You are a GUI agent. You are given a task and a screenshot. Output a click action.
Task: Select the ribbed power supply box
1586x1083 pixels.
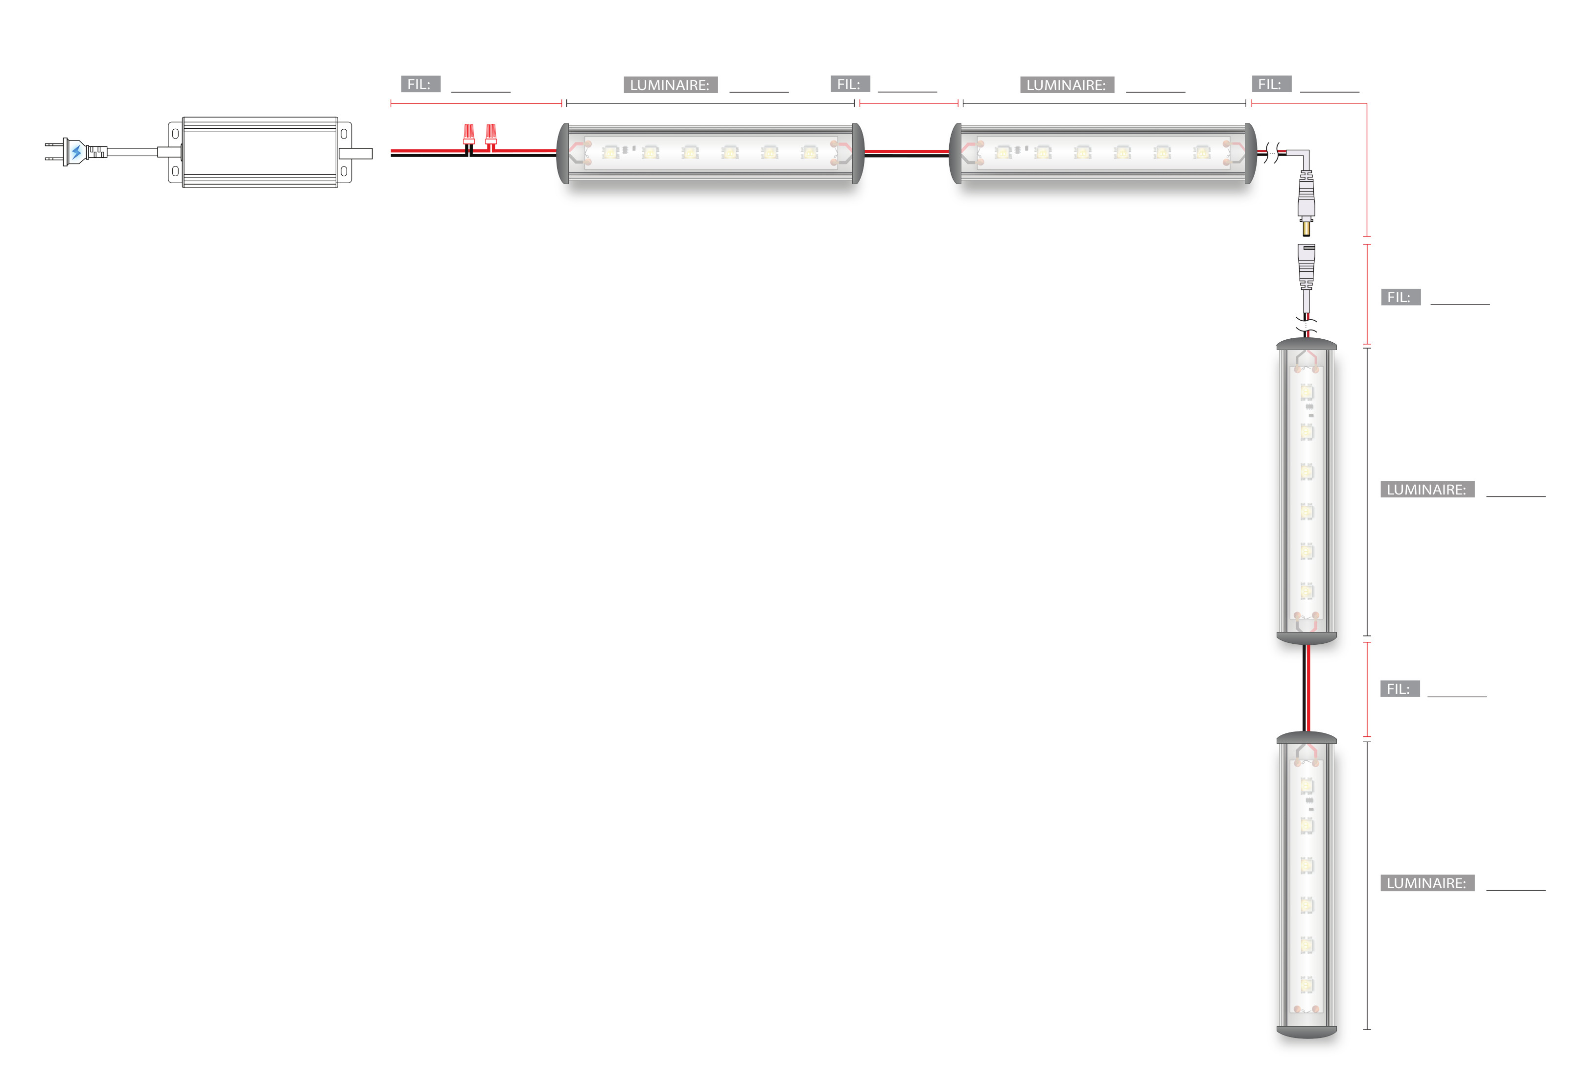[260, 152]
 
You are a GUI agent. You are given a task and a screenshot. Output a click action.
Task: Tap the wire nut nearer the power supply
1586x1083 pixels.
[469, 134]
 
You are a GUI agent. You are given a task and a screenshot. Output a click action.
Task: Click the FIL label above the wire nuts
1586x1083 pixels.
[420, 85]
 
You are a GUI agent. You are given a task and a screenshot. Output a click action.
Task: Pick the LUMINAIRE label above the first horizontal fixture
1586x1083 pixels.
[670, 85]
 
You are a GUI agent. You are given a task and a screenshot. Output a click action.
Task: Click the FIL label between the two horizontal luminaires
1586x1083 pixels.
[849, 85]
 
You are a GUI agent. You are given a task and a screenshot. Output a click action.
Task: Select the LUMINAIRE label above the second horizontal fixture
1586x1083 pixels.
[1066, 85]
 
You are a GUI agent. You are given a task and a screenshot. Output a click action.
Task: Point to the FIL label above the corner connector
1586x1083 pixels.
[1271, 85]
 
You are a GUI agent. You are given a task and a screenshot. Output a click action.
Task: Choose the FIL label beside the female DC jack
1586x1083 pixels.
[1399, 298]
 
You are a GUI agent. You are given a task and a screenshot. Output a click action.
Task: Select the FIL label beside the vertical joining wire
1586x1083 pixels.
[1399, 689]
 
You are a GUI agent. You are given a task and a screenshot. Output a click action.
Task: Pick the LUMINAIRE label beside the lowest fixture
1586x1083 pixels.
[1426, 884]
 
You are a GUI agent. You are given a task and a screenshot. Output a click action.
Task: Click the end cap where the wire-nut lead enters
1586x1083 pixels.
[563, 154]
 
